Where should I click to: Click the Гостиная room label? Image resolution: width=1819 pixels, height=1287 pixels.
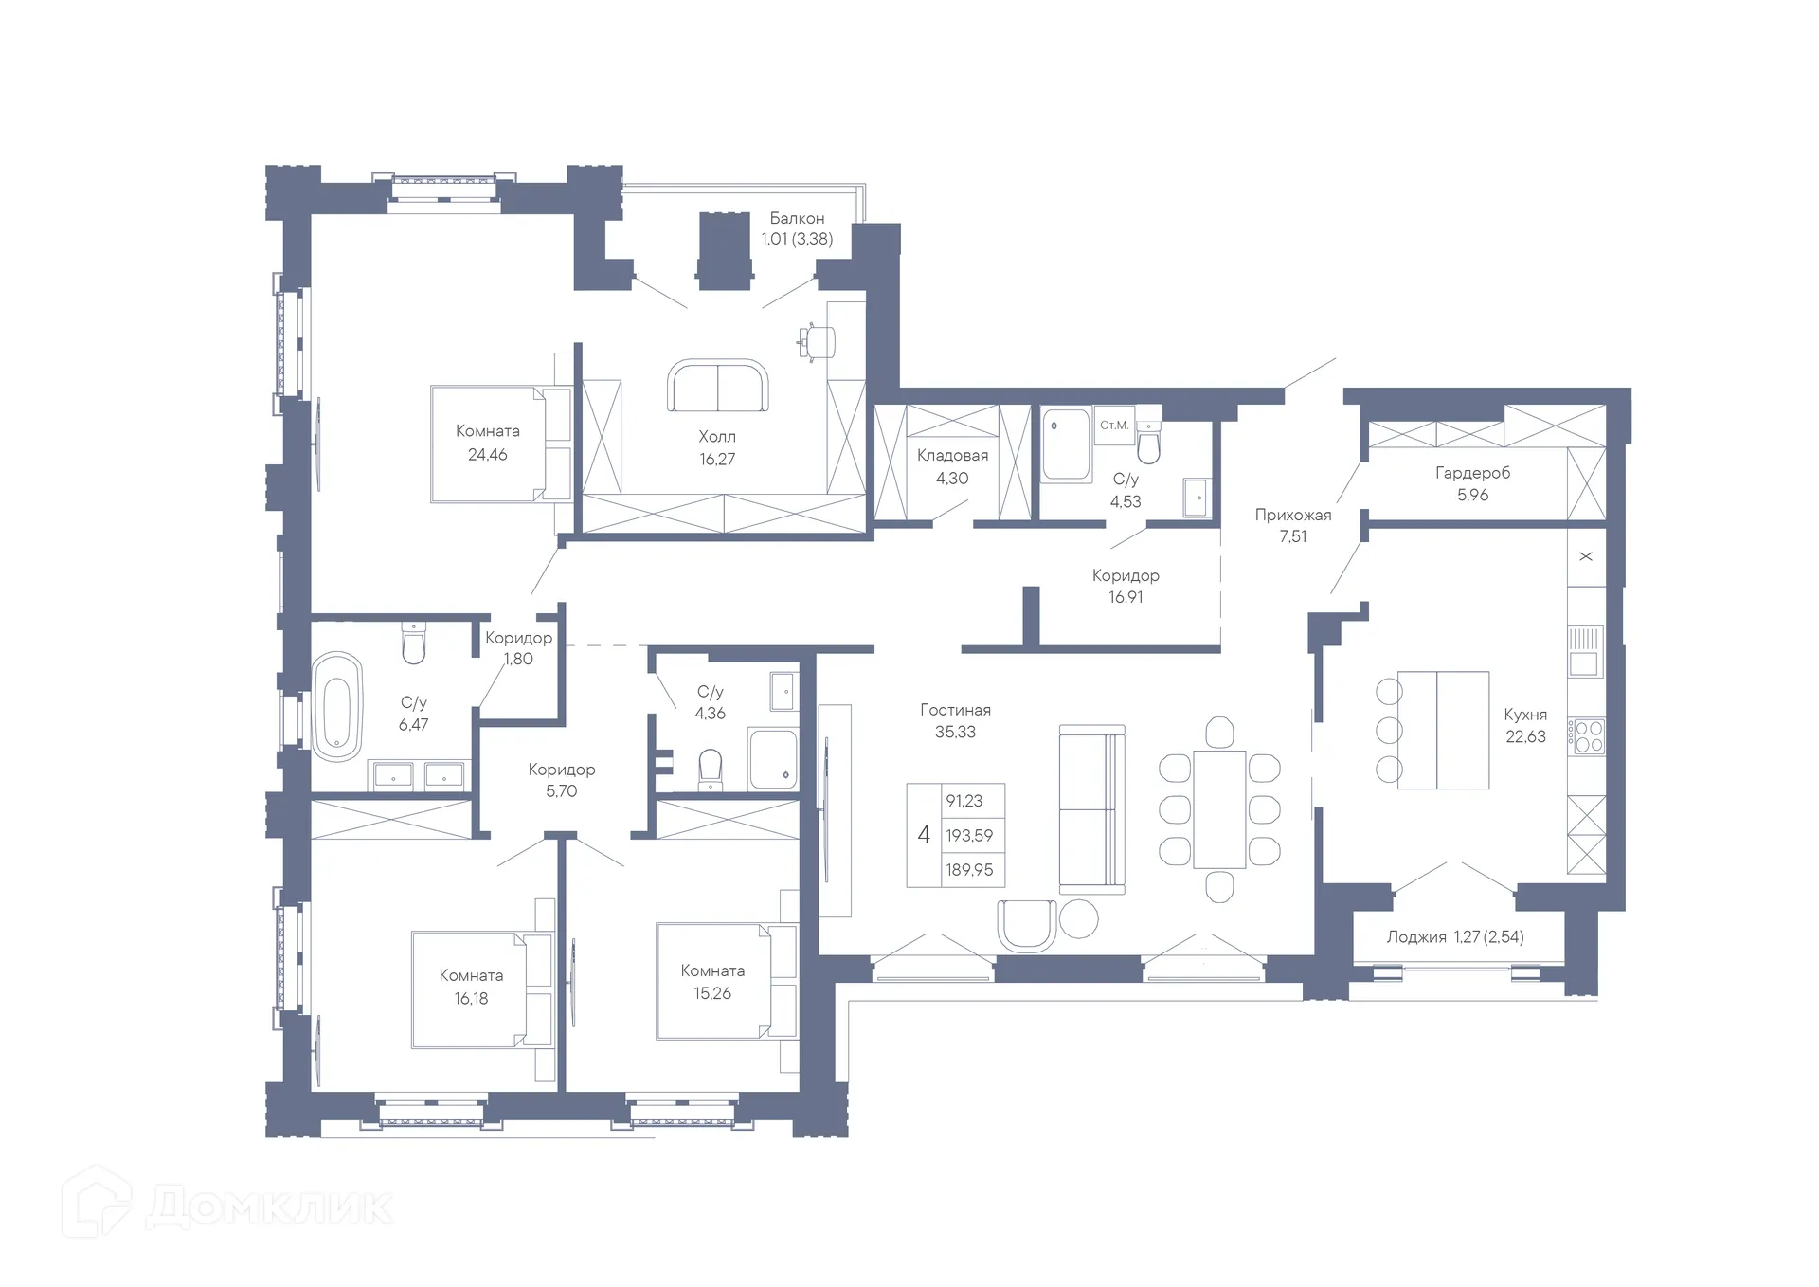(955, 710)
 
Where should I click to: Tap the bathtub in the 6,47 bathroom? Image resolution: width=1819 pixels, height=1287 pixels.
(337, 705)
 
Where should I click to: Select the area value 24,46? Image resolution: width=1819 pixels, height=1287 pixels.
(487, 455)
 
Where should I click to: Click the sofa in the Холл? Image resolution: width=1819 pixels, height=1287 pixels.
(717, 386)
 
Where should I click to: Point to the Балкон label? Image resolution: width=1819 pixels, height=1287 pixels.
(797, 218)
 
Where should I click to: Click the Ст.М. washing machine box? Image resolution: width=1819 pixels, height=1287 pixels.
(1114, 426)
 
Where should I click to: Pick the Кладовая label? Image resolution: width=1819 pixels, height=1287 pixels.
(952, 456)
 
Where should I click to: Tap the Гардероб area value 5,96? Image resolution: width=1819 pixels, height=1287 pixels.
(1472, 495)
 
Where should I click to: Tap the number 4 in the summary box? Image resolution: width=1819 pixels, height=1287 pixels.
(924, 835)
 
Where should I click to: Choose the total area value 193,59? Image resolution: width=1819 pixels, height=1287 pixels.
(969, 836)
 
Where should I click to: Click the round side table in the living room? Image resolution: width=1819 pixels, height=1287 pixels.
(1078, 918)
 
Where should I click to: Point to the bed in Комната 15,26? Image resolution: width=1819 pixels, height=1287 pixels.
(726, 981)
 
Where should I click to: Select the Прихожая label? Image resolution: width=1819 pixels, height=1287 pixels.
(1292, 516)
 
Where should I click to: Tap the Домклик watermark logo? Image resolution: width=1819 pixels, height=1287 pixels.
(227, 1205)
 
